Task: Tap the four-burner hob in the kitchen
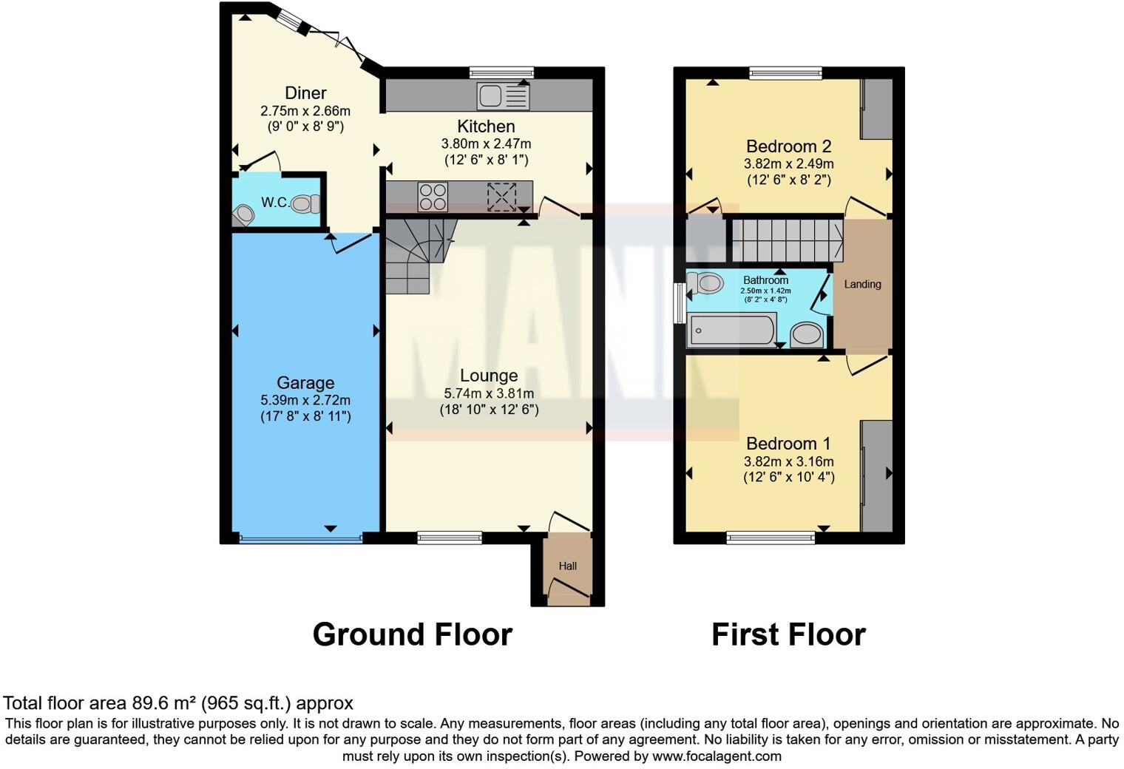[433, 197]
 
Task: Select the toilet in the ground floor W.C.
[305, 203]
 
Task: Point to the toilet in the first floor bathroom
[705, 282]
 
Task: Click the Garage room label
[305, 383]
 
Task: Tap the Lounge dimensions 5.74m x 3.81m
[489, 393]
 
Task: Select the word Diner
[305, 93]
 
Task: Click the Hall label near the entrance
[568, 566]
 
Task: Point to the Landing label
[862, 284]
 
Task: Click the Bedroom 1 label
[788, 444]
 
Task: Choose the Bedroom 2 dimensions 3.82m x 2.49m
[788, 164]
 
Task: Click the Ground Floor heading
[412, 635]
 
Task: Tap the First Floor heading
[788, 635]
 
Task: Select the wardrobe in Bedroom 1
[877, 475]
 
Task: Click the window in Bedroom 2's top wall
[785, 73]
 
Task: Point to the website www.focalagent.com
[716, 756]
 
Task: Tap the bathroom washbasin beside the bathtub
[807, 335]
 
